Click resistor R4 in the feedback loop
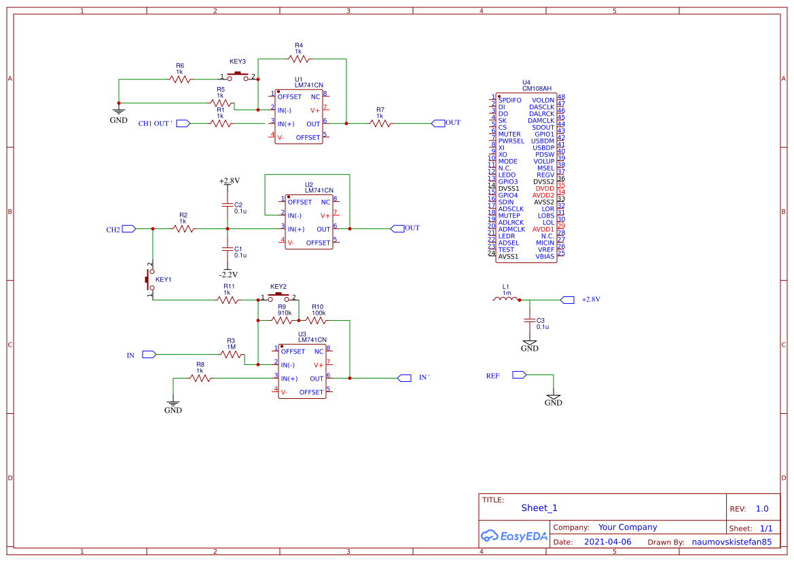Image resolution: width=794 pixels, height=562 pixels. [x=298, y=59]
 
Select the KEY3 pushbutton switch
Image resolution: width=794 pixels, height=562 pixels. [x=238, y=76]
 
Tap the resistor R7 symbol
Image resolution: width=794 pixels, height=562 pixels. [x=380, y=124]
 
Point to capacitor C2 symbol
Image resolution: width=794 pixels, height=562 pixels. [x=227, y=205]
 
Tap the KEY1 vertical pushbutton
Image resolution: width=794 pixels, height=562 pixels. [x=149, y=279]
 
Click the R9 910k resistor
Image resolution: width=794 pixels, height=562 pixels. [x=283, y=320]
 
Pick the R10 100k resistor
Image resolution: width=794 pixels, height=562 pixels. [x=316, y=320]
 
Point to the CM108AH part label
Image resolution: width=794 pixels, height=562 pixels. [x=537, y=88]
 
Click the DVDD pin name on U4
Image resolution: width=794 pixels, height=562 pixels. [x=544, y=188]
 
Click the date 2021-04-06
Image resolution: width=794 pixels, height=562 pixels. [x=607, y=542]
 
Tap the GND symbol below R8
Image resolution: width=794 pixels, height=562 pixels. [x=173, y=406]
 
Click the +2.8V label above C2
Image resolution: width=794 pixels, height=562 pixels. [x=230, y=181]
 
